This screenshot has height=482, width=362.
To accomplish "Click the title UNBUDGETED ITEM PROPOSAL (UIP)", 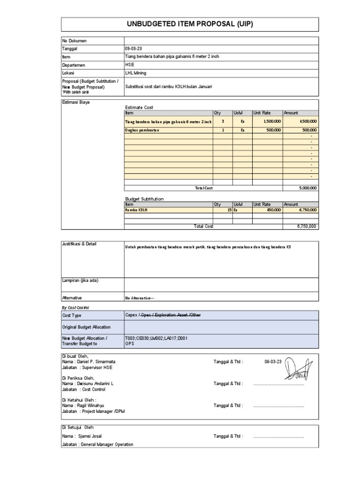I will (x=190, y=24).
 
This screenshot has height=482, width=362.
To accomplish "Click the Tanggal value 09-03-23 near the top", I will (x=132, y=48).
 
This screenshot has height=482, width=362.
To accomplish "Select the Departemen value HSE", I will (x=129, y=65).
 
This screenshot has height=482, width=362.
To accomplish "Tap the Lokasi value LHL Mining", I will (x=135, y=73).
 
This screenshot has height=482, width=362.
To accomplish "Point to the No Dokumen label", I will (x=74, y=41).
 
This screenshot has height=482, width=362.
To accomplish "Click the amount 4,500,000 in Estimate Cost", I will (x=307, y=121).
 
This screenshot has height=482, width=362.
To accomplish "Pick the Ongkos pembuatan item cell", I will (x=142, y=130).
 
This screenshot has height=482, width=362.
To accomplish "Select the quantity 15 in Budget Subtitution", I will (x=228, y=210).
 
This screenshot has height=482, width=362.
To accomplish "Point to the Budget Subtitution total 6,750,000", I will (x=307, y=226).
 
